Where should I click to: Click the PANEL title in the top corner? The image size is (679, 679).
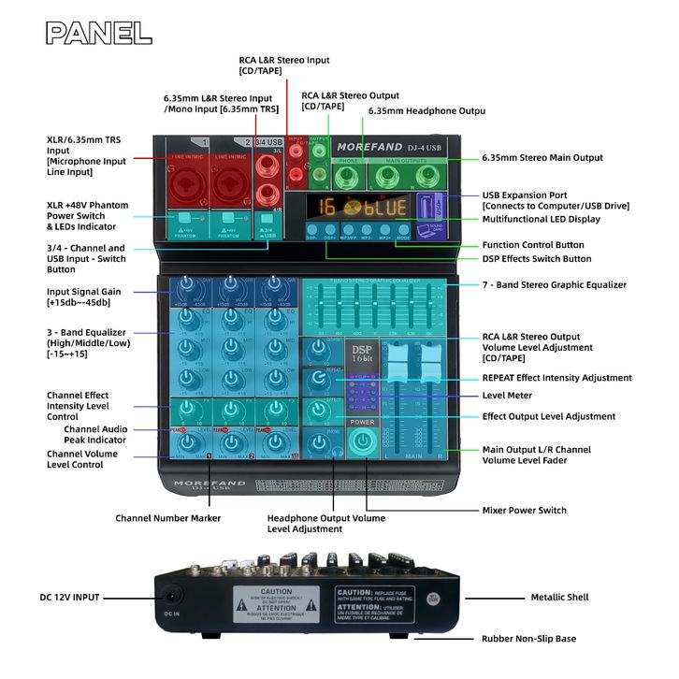(99, 33)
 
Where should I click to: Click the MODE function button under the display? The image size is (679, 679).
(403, 229)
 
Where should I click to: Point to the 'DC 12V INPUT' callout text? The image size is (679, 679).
(70, 597)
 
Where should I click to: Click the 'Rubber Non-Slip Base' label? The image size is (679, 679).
(529, 639)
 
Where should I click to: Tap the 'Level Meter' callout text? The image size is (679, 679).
(506, 396)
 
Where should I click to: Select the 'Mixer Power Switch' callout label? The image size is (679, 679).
(524, 511)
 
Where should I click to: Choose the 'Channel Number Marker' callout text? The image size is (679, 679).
(168, 517)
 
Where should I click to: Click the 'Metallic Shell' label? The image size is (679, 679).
(559, 597)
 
